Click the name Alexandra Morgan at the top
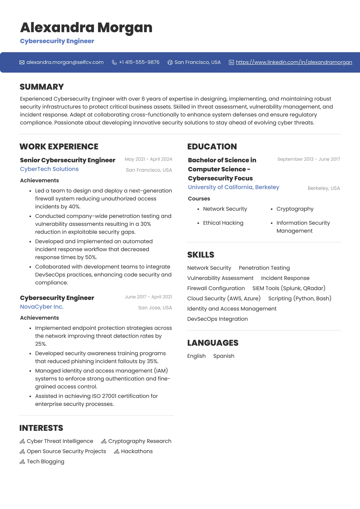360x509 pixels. tap(86, 27)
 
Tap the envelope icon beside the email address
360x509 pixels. tap(22, 62)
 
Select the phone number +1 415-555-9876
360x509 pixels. tap(139, 62)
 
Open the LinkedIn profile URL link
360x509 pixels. tap(294, 62)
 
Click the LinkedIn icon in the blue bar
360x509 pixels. tap(231, 62)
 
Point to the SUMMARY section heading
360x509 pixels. tap(42, 87)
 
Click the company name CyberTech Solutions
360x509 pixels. tap(49, 169)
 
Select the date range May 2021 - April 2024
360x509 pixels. tap(148, 159)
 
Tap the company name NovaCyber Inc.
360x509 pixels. tap(42, 307)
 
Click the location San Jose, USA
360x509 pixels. tap(155, 308)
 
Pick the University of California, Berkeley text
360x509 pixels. tap(234, 187)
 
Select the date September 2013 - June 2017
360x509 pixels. tap(309, 159)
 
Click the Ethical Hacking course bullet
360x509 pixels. tap(223, 223)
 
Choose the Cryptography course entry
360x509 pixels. tap(295, 209)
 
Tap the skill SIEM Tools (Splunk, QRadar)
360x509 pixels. tap(289, 288)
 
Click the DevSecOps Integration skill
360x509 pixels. tap(217, 319)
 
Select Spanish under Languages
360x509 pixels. tap(224, 356)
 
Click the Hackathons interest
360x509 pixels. tap(137, 451)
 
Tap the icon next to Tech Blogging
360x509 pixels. tap(22, 462)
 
